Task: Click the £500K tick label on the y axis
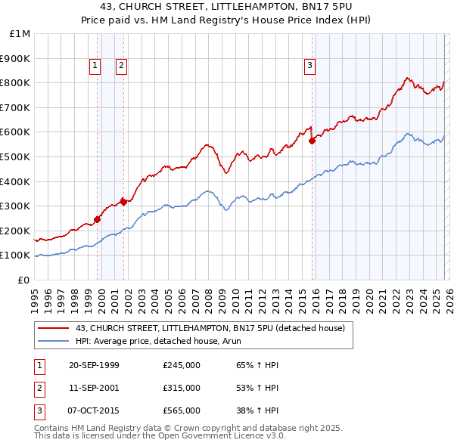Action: coord(15,156)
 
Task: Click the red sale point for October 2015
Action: coord(312,141)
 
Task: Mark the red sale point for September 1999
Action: coord(97,219)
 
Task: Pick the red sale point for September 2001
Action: coord(124,202)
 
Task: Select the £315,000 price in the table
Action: coord(182,388)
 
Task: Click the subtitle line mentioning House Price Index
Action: coord(227,20)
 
